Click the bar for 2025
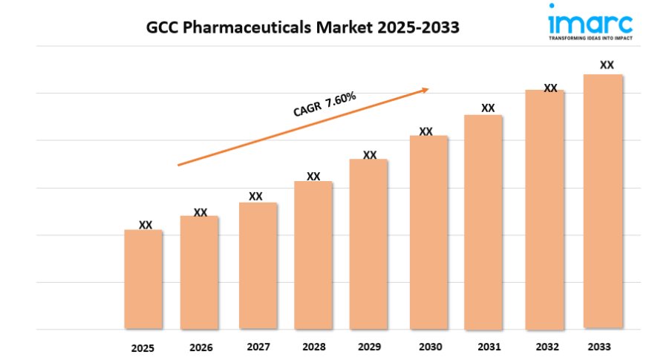[x=143, y=279]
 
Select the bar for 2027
[x=258, y=266]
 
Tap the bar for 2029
[x=369, y=244]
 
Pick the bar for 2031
[x=483, y=222]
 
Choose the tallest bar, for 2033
[x=603, y=201]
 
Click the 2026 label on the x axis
[x=200, y=347]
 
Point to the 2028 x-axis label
[x=314, y=347]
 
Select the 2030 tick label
[x=430, y=347]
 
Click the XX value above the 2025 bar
[x=146, y=224]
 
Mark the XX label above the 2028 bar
[x=313, y=176]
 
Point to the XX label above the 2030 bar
[x=425, y=131]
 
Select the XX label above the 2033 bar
[x=607, y=65]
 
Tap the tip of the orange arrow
[x=428, y=89]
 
